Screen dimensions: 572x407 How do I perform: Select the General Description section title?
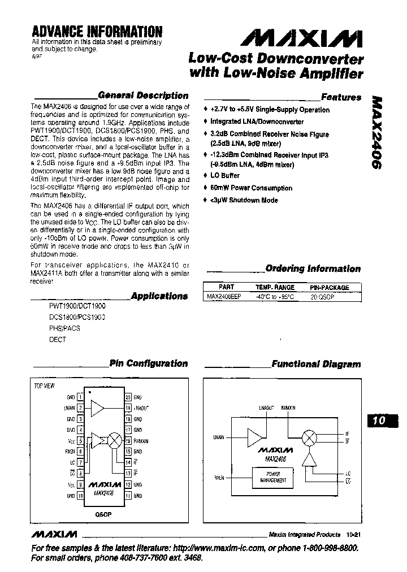143,96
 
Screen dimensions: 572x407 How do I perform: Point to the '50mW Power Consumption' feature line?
251,188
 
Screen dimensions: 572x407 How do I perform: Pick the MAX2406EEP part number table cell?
224,296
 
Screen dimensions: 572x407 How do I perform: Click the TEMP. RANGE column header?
275,287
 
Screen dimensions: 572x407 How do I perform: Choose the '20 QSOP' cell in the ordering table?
322,296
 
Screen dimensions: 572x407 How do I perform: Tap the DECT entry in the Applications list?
58,340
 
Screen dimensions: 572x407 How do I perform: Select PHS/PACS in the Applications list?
64,328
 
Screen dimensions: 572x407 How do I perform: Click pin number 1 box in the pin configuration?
80,397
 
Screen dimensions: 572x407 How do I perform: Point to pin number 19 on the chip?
128,408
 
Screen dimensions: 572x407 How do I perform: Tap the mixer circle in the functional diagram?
309,437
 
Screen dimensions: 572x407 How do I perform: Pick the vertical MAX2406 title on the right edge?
376,131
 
